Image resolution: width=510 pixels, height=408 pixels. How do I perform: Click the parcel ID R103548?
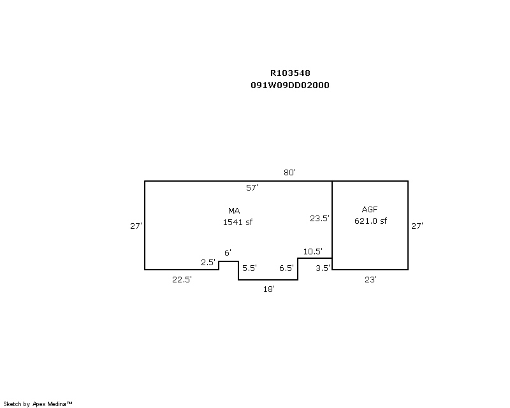[290, 73]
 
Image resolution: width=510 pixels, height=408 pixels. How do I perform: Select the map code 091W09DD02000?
[290, 85]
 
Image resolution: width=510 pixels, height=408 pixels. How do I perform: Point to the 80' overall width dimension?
[289, 172]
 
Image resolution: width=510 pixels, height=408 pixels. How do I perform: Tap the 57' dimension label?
[252, 187]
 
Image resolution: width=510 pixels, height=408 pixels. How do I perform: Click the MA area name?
[234, 211]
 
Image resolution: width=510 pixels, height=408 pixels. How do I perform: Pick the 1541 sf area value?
[238, 222]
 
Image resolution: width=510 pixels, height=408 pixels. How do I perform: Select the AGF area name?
[370, 210]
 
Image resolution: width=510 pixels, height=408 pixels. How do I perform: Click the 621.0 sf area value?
[371, 221]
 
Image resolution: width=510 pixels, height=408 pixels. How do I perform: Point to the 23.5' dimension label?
[320, 218]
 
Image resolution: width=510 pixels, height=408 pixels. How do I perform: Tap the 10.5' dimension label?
[313, 252]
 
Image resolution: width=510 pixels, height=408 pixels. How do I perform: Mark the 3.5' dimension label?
[323, 268]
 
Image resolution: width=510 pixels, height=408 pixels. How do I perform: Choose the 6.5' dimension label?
[286, 268]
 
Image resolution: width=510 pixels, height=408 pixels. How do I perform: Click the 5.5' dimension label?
[249, 268]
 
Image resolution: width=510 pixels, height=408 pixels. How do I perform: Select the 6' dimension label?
[228, 253]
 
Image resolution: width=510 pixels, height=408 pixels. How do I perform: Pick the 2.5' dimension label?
[208, 262]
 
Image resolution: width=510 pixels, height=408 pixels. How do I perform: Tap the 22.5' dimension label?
[182, 279]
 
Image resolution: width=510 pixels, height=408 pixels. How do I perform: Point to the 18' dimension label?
[269, 289]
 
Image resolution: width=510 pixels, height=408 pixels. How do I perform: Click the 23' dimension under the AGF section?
[371, 280]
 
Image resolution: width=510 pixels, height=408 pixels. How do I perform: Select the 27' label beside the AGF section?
[418, 226]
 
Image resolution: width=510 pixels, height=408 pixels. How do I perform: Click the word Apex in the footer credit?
[39, 404]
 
